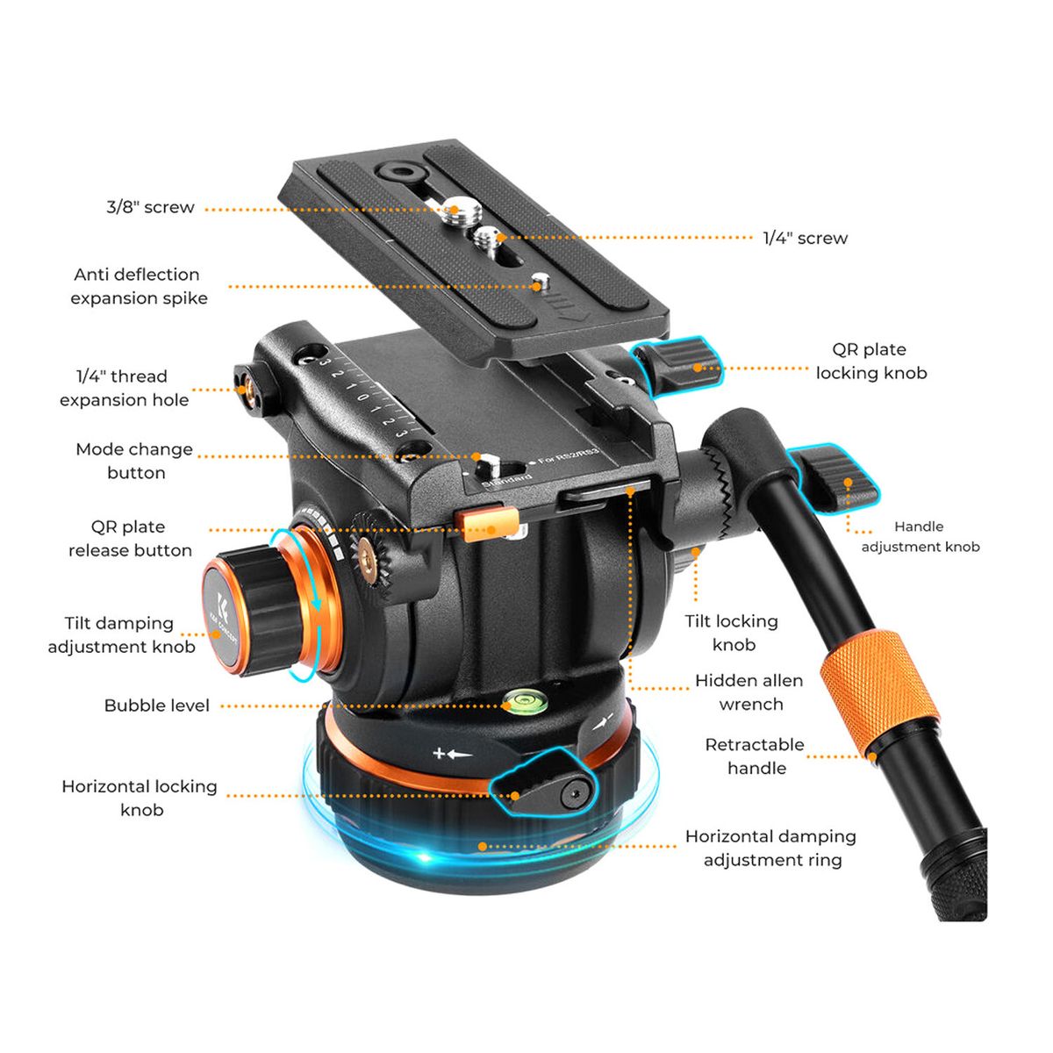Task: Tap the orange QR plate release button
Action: [x=488, y=525]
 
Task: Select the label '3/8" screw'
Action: [x=150, y=207]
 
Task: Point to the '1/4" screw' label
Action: [x=805, y=239]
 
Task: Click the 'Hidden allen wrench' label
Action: [x=749, y=692]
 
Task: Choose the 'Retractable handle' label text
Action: [x=755, y=756]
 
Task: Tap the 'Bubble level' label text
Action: [x=157, y=706]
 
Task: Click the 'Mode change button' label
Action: [x=134, y=461]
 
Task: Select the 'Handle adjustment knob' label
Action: [x=920, y=536]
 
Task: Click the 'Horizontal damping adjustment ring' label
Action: [x=770, y=848]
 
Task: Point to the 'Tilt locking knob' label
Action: [x=732, y=633]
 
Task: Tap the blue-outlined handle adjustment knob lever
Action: [x=834, y=478]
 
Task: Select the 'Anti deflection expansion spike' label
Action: [x=139, y=286]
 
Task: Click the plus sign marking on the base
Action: [x=439, y=754]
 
